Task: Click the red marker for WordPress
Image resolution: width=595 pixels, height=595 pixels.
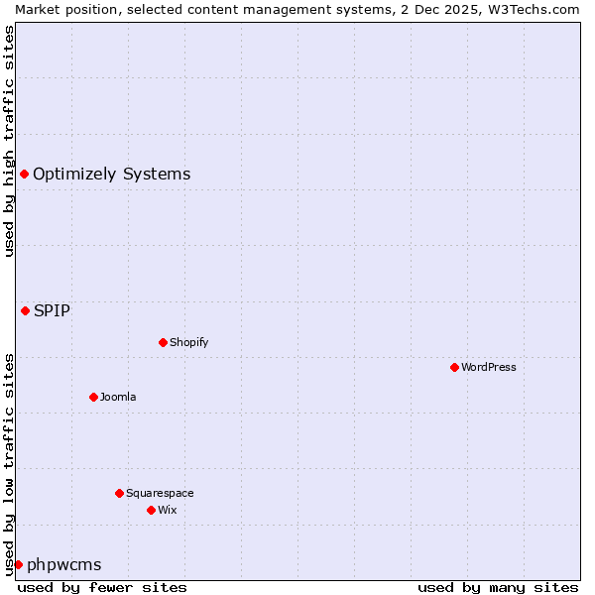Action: pyautogui.click(x=454, y=367)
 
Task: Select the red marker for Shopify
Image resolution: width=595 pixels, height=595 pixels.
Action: pyautogui.click(x=163, y=342)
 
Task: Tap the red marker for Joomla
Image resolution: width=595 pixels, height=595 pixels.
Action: pyautogui.click(x=93, y=397)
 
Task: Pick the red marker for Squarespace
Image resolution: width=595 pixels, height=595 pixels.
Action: pyautogui.click(x=119, y=493)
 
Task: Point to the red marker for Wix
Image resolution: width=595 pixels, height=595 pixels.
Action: pyautogui.click(x=151, y=510)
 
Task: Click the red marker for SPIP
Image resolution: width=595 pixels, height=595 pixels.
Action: pyautogui.click(x=25, y=310)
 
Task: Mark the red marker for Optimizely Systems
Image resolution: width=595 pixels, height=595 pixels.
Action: pyautogui.click(x=24, y=175)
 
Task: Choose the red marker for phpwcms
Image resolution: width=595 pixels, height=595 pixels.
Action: pyautogui.click(x=18, y=564)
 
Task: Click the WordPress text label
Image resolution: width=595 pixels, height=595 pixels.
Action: pyautogui.click(x=489, y=367)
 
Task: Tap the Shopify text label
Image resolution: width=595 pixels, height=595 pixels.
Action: pyautogui.click(x=188, y=342)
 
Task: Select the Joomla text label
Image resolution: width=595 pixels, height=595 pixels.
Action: pyautogui.click(x=118, y=397)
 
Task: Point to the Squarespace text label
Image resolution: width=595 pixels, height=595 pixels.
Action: pyautogui.click(x=160, y=493)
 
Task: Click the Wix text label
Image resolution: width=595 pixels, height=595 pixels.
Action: pyautogui.click(x=167, y=510)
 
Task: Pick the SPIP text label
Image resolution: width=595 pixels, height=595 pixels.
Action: pyautogui.click(x=52, y=310)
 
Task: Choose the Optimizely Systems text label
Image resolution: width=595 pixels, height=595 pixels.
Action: pyautogui.click(x=111, y=175)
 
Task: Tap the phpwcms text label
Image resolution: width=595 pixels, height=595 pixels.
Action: pyautogui.click(x=63, y=564)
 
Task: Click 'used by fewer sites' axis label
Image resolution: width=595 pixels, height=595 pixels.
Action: pyautogui.click(x=102, y=587)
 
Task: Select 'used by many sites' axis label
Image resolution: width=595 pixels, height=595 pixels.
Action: pyautogui.click(x=498, y=587)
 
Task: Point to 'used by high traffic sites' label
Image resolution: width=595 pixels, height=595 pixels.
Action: pyautogui.click(x=9, y=141)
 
